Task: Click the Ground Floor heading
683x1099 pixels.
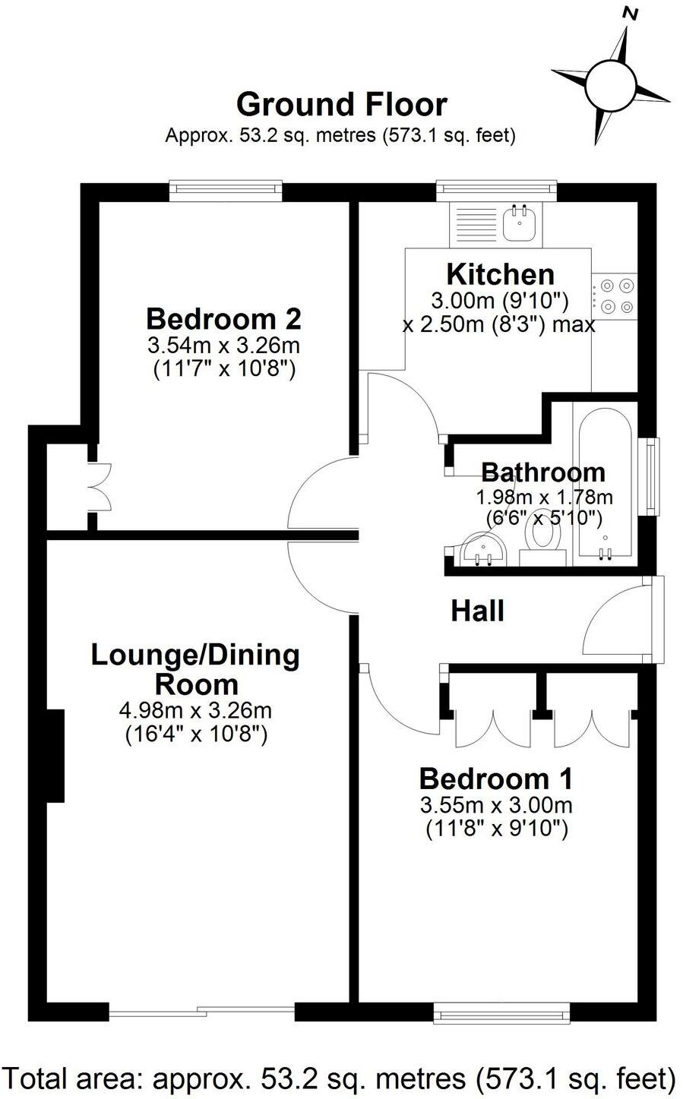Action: [341, 105]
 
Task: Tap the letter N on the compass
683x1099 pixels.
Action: [629, 13]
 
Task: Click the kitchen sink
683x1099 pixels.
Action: [521, 223]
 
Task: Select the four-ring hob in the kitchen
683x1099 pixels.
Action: [616, 296]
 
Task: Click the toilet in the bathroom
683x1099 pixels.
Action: [544, 539]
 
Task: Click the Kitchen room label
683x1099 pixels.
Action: [500, 273]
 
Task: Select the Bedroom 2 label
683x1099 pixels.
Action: [223, 318]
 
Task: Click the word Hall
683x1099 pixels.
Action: [477, 610]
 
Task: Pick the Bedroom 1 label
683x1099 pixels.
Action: [495, 778]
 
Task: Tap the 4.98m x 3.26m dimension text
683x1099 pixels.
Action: [195, 711]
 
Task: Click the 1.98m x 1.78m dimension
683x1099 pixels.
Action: [543, 497]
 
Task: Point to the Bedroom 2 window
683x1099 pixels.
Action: [225, 190]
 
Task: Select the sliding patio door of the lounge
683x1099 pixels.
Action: [201, 1011]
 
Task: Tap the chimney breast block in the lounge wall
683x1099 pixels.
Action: [55, 756]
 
